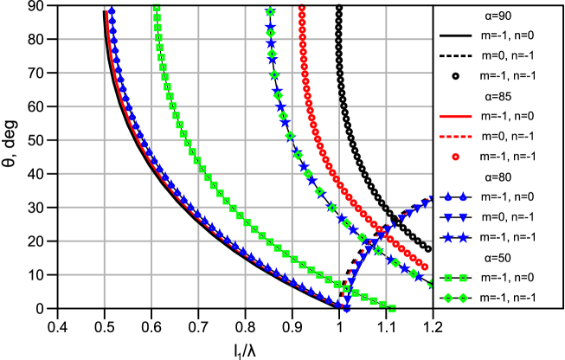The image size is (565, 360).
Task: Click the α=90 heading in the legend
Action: (x=498, y=16)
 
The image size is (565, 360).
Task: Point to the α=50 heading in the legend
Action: (x=498, y=257)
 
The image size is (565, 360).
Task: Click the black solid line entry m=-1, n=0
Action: (x=498, y=36)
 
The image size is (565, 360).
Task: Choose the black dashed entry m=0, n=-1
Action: (x=498, y=56)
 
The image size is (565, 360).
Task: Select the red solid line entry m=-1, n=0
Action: (x=498, y=116)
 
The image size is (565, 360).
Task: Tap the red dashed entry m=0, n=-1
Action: (x=498, y=137)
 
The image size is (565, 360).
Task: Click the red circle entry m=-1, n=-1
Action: (x=498, y=157)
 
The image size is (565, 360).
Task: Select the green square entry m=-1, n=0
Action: (x=498, y=277)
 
